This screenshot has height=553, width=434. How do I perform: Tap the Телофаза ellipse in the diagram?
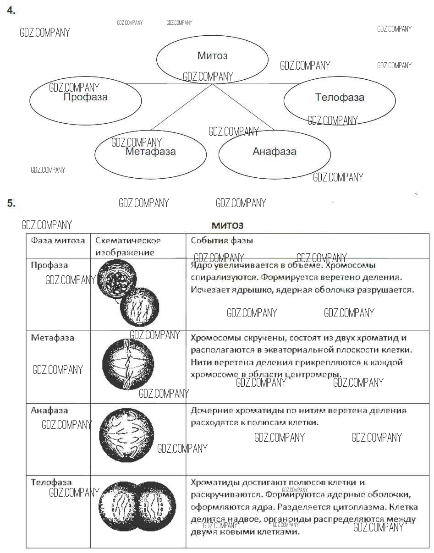pyautogui.click(x=340, y=98)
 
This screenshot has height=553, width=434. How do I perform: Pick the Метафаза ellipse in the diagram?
pyautogui.click(x=150, y=152)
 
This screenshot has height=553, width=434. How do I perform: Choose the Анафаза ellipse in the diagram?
pyautogui.click(x=275, y=152)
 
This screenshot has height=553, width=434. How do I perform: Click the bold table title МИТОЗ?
pyautogui.click(x=227, y=225)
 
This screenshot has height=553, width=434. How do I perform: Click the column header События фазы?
pyautogui.click(x=222, y=241)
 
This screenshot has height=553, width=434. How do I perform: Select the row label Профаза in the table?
pyautogui.click(x=49, y=265)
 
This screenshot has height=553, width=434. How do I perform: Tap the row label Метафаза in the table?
pyautogui.click(x=52, y=338)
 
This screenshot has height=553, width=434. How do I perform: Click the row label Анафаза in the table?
pyautogui.click(x=49, y=411)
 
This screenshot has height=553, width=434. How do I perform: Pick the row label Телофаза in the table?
pyautogui.click(x=51, y=482)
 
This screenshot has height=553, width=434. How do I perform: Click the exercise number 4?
pyautogui.click(x=11, y=11)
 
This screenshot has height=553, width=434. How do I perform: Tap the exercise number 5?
pyautogui.click(x=11, y=203)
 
